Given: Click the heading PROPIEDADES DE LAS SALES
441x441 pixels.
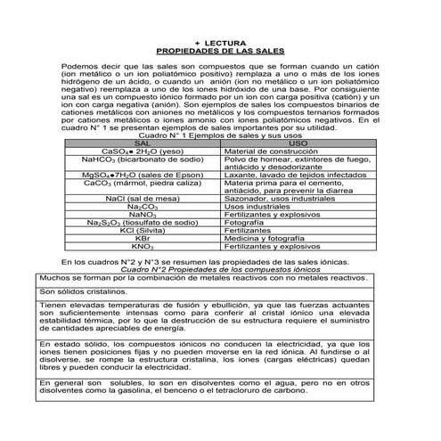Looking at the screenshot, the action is [x=220, y=51].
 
